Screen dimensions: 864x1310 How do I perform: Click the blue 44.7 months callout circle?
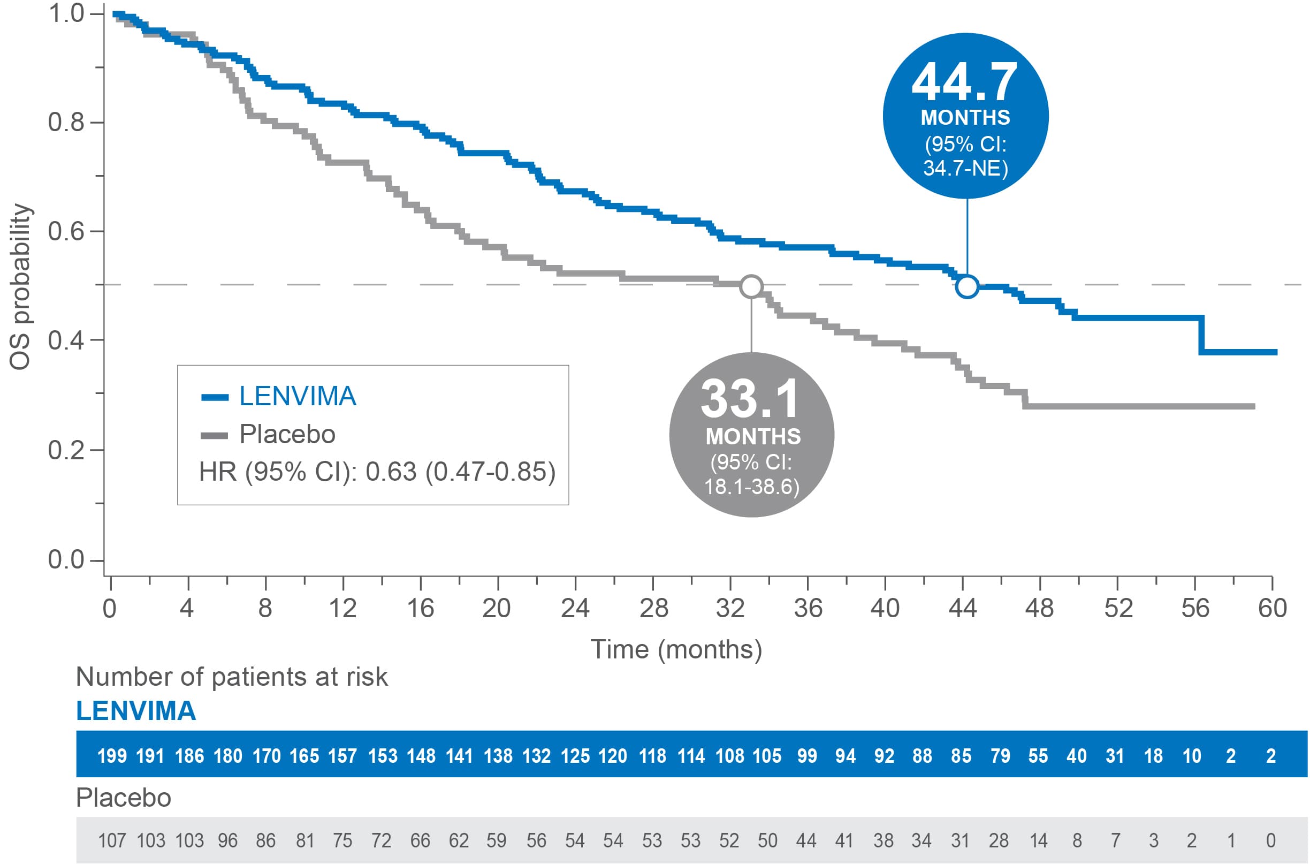pos(965,116)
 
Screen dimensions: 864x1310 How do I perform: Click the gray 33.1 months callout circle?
pos(751,435)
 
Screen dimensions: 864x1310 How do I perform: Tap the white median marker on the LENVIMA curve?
pos(967,286)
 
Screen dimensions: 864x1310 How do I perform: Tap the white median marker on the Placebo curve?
pos(751,286)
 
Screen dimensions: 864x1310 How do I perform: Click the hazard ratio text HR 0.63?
pos(377,472)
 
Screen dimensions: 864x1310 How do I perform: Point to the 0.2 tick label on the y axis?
pos(66,451)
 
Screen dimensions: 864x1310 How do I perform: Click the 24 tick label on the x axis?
pos(575,609)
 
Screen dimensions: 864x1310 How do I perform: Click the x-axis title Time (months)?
pos(676,650)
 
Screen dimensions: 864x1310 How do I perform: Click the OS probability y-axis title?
pos(20,286)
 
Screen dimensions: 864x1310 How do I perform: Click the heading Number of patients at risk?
pos(231,677)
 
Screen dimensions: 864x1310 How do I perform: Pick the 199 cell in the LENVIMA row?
pos(112,756)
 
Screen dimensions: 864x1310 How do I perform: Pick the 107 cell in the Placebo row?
pos(112,841)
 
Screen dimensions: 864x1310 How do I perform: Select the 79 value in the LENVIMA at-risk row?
pos(1000,756)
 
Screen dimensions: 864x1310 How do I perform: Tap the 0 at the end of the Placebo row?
pos(1271,841)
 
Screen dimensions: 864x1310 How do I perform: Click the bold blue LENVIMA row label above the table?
pos(136,711)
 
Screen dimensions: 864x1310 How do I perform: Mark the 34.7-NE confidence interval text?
pos(965,168)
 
